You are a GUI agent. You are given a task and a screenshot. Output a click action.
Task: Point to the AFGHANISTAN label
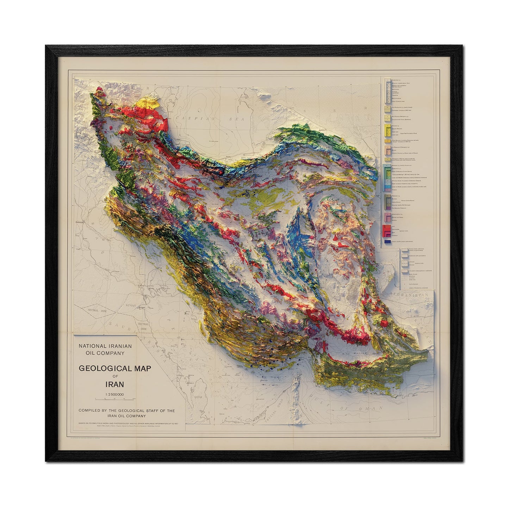pyautogui.click(x=410, y=296)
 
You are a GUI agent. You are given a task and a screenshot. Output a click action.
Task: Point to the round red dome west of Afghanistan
pyautogui.click(x=386, y=323)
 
